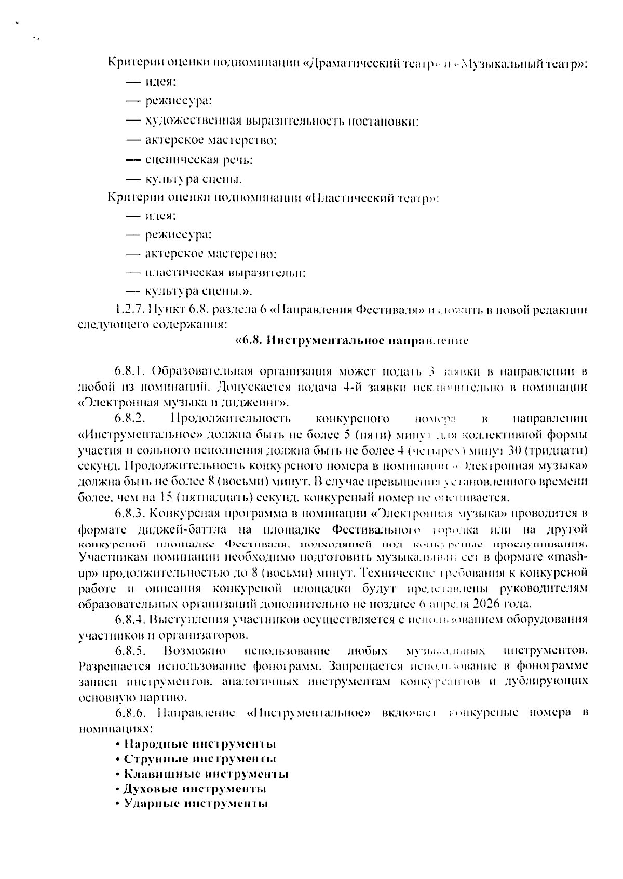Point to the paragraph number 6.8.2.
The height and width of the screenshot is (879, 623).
coord(130,418)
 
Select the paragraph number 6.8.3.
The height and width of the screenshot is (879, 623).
coord(130,514)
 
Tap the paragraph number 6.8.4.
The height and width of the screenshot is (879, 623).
coord(130,619)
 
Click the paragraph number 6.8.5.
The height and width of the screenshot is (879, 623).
coord(130,650)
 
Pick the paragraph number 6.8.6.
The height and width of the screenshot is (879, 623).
coord(130,713)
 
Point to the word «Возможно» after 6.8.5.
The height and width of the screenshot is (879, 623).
coord(195,650)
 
